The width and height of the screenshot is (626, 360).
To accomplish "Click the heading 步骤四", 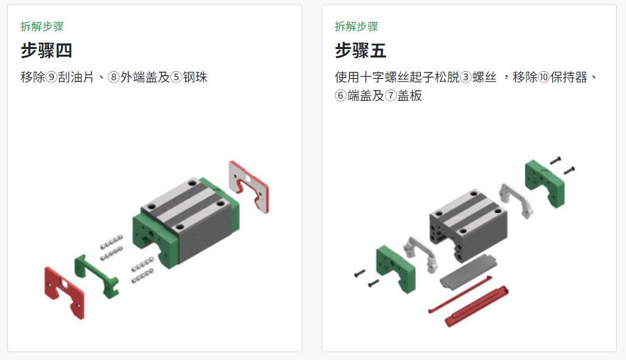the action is (x=46, y=50).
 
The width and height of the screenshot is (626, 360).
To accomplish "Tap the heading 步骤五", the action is (x=361, y=50).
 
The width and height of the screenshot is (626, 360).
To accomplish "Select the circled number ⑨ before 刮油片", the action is (x=52, y=77).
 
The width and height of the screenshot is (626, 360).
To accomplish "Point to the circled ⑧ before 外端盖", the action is (x=114, y=77).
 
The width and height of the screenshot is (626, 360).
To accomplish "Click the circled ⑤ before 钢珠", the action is (x=177, y=77).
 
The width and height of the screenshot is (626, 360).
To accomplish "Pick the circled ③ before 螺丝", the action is (x=466, y=77).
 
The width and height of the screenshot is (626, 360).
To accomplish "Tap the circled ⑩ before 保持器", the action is (x=544, y=77).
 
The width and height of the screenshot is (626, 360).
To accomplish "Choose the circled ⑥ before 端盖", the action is (x=341, y=95).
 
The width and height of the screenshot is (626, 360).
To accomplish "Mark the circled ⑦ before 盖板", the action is (x=391, y=95).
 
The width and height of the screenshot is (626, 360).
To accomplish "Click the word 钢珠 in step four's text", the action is (x=195, y=77).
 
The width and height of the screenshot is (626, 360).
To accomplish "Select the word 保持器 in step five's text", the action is (x=569, y=77).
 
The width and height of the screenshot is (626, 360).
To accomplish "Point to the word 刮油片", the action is (x=76, y=77).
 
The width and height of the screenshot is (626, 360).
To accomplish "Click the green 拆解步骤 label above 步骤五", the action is (x=356, y=26).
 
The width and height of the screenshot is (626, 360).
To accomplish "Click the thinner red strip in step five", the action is (x=459, y=295).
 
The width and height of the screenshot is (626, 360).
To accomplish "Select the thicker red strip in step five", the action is (x=477, y=307).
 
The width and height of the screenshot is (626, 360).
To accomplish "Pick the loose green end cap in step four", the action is (x=97, y=276).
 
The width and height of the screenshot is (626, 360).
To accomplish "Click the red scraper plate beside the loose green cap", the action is (x=64, y=292).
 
